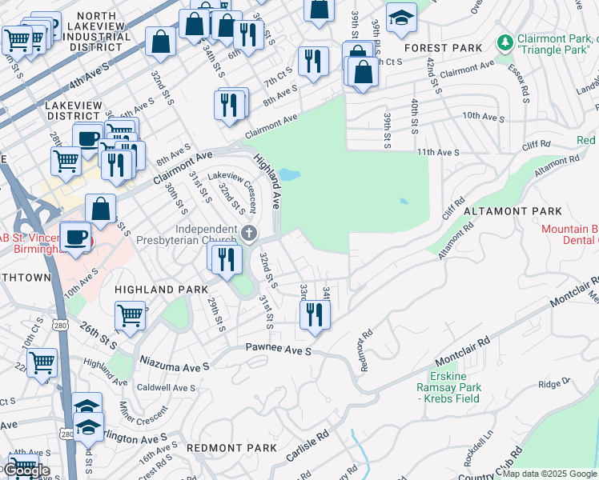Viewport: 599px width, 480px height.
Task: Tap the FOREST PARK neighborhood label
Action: [x=444, y=48]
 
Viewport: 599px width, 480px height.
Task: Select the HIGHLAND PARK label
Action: [x=161, y=289]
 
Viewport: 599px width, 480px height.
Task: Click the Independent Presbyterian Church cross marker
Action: [x=249, y=233]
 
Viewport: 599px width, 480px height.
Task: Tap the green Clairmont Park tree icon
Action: [x=505, y=41]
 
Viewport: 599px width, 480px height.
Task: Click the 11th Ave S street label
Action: [x=437, y=151]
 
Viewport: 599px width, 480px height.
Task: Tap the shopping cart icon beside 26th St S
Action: [x=130, y=314]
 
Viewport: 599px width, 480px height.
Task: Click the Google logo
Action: [x=26, y=470]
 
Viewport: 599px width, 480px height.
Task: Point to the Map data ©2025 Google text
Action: [x=549, y=474]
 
